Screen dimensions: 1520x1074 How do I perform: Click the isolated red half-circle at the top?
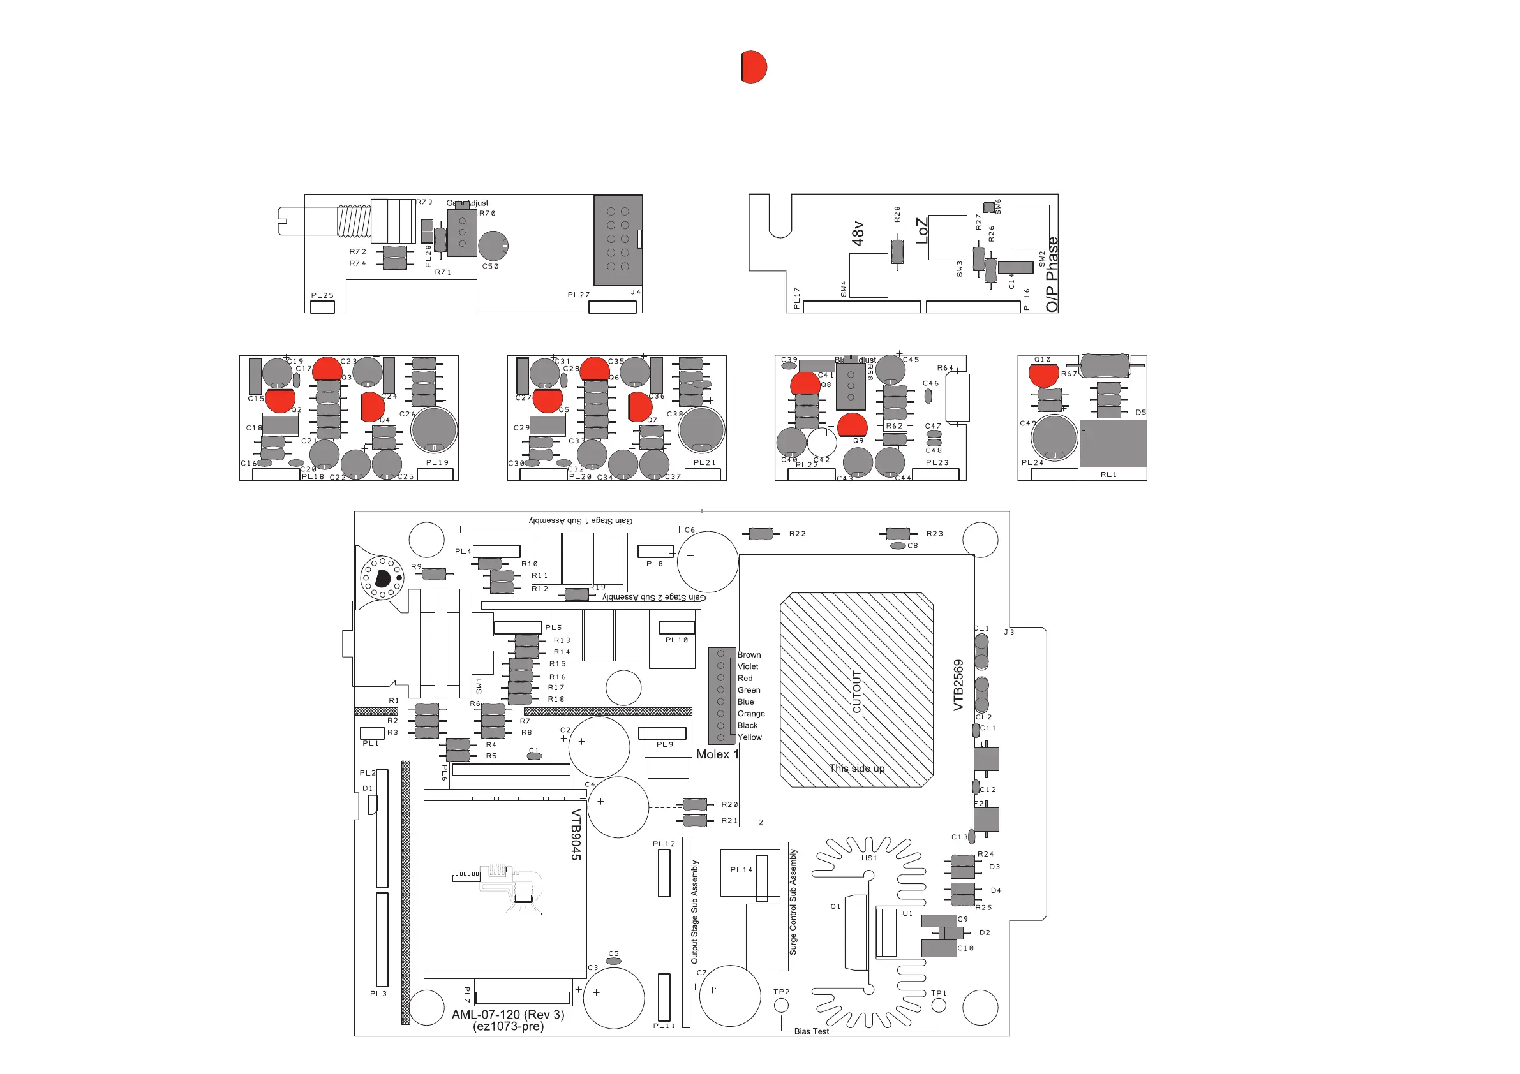[754, 67]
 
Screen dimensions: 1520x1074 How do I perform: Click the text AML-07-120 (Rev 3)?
[508, 1015]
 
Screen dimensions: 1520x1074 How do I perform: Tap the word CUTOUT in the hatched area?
[856, 691]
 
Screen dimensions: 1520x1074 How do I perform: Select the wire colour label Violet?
[748, 666]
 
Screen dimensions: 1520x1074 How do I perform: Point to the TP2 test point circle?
[781, 1005]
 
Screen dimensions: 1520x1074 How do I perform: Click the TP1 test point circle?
[939, 1006]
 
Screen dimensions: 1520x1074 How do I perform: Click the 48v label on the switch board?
[858, 233]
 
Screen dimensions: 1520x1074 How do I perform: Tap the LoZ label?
[921, 231]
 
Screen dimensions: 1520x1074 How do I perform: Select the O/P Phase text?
[1052, 275]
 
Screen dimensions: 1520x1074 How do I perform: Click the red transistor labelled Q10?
[1044, 374]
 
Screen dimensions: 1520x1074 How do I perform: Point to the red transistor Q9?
[852, 425]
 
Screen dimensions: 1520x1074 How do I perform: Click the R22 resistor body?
[761, 534]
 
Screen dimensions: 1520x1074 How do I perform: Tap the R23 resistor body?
[898, 534]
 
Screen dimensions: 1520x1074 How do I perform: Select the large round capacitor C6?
[707, 561]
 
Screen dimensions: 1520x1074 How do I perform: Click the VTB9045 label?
[576, 834]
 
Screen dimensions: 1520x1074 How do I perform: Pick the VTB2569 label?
[958, 686]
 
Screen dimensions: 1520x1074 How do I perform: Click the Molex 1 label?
[717, 754]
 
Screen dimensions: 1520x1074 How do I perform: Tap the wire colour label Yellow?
[749, 737]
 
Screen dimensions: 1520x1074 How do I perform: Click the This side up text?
[856, 769]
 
